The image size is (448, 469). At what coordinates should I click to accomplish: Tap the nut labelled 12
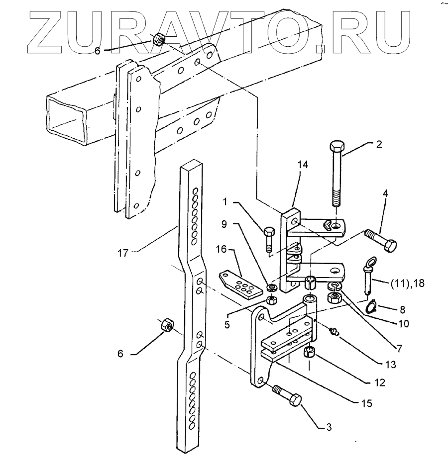(x=310, y=354)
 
